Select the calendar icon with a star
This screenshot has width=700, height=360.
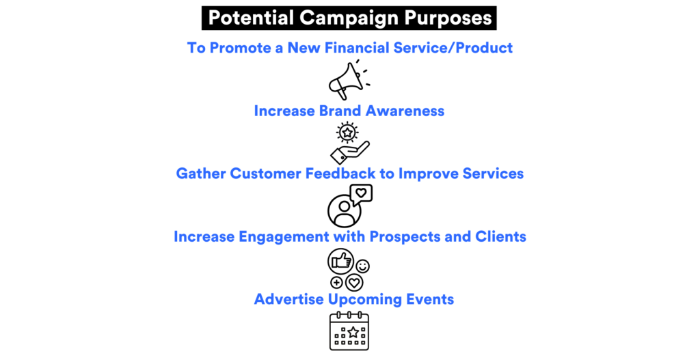[349, 331]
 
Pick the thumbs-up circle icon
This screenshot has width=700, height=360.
[341, 260]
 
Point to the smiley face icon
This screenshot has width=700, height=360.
[362, 266]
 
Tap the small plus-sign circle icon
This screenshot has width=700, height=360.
[336, 282]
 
